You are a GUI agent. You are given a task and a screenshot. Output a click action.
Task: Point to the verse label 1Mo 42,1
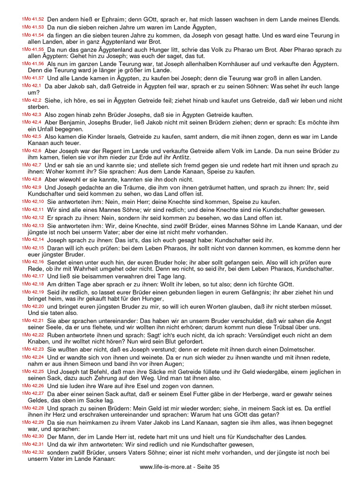coord(32,86)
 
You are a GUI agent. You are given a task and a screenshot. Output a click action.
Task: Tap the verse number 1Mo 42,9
coord(32,187)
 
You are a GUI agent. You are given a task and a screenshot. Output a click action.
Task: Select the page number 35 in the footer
coord(216,467)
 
